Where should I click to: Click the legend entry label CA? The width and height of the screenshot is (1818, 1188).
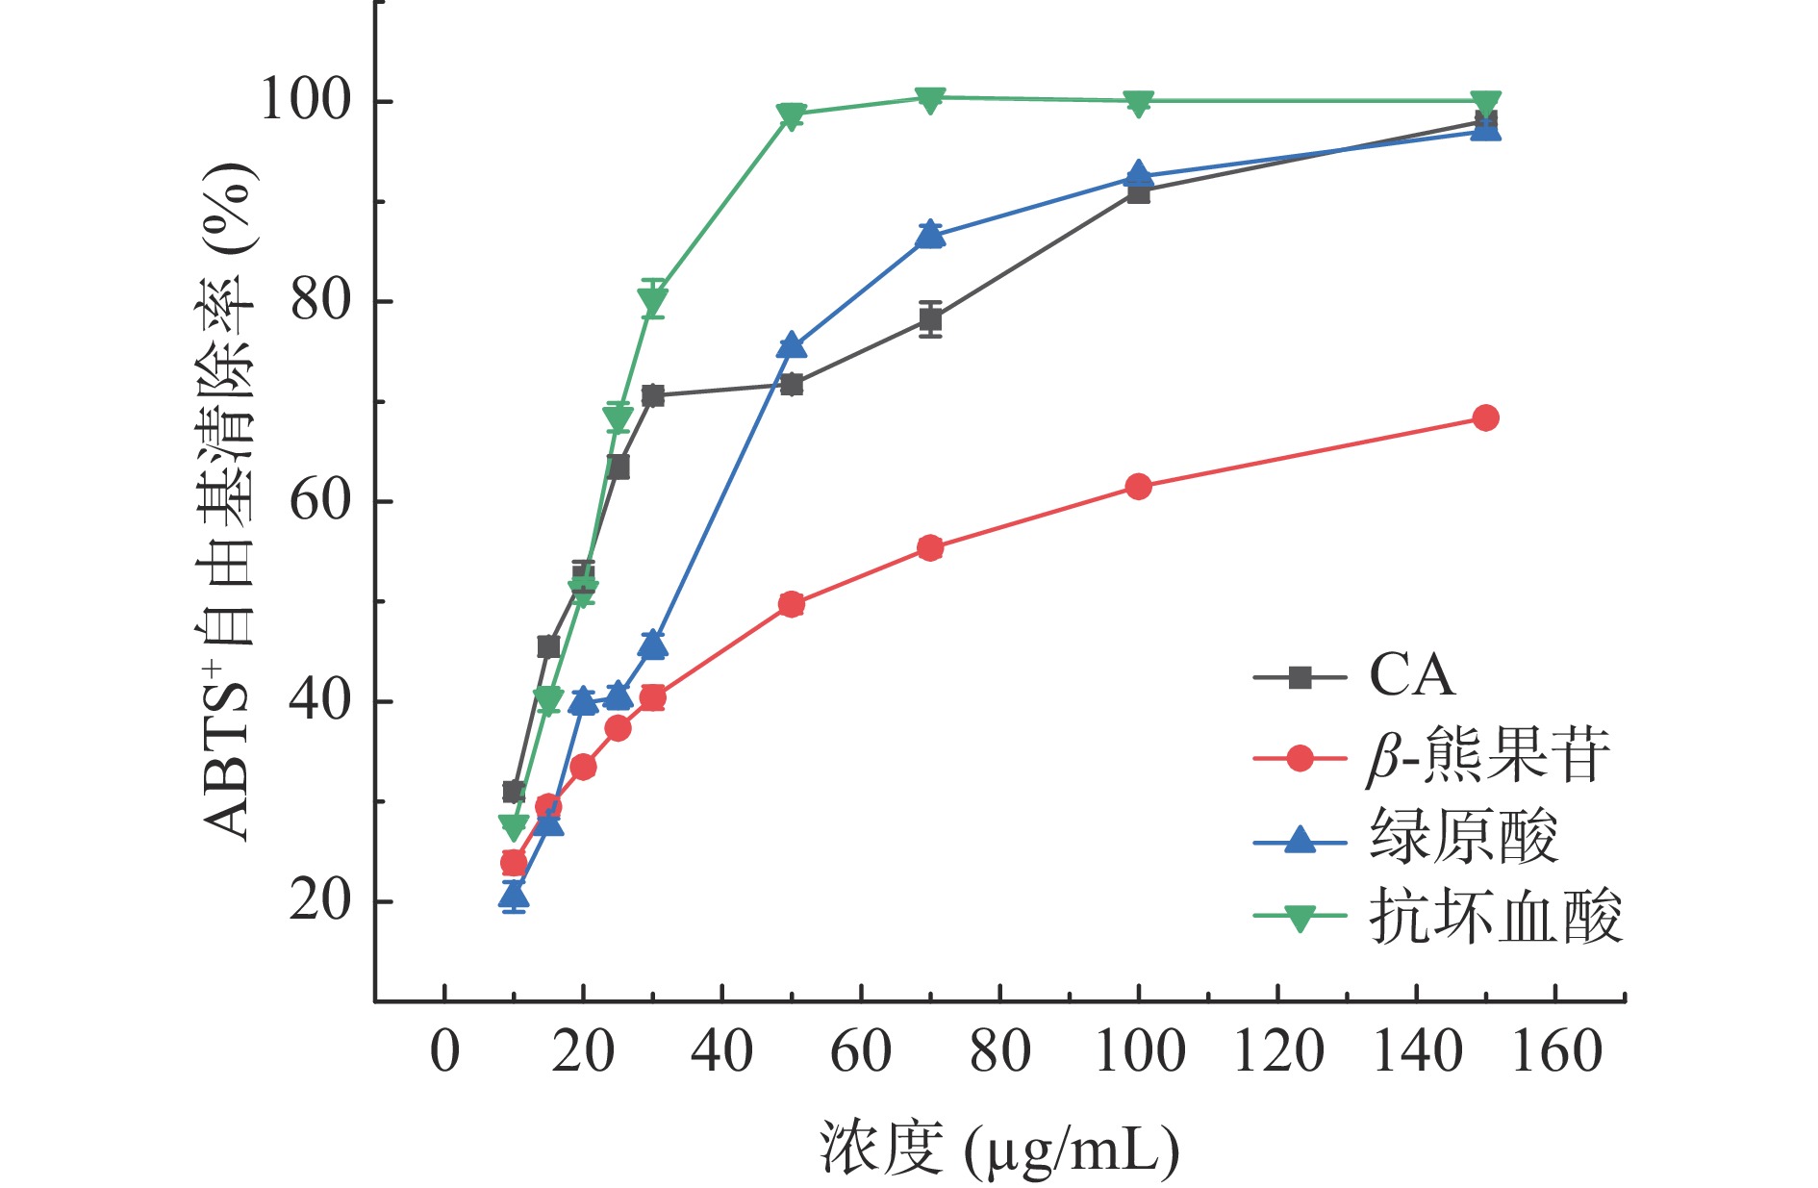click(x=1411, y=676)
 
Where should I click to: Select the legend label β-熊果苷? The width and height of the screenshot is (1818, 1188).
click(x=1487, y=757)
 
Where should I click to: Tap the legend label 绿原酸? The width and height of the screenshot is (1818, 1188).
click(x=1463, y=837)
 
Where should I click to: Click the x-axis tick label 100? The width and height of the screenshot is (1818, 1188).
click(x=1139, y=1052)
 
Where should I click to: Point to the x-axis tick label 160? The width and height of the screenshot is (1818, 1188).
click(x=1556, y=1052)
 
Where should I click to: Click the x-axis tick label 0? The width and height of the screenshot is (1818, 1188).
click(x=444, y=1052)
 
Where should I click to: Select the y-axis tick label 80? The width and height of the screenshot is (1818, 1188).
click(x=319, y=301)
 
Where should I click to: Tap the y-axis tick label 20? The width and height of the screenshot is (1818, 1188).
click(x=319, y=901)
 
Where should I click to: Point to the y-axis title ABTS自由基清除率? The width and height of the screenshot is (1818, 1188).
click(x=227, y=500)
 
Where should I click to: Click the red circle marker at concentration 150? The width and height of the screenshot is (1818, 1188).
click(x=1485, y=417)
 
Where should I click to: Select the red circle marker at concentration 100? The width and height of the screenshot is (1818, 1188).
click(x=1138, y=487)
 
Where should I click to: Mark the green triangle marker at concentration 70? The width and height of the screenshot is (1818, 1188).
click(x=929, y=99)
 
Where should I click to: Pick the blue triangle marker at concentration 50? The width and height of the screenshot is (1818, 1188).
click(x=791, y=345)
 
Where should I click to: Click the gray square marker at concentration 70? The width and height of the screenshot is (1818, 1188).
click(x=929, y=319)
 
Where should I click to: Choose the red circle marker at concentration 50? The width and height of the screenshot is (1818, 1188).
click(x=791, y=604)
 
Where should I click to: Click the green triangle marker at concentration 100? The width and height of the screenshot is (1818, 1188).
click(x=1138, y=103)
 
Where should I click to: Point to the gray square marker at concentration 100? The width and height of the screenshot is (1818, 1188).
click(x=1138, y=192)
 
